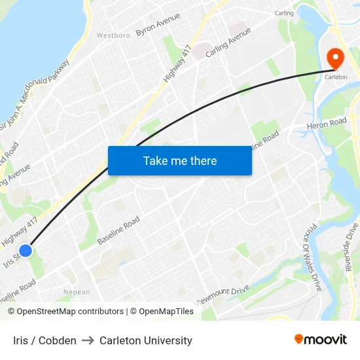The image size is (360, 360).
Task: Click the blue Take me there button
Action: [x=179, y=160]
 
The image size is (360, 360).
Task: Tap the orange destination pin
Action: [x=335, y=59]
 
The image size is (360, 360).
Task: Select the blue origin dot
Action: [x=26, y=251]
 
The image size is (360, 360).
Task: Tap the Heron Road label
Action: [x=327, y=123]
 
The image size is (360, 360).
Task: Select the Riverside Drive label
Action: [x=351, y=247]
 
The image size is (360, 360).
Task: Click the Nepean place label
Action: [x=77, y=292]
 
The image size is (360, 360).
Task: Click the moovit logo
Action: [x=321, y=340]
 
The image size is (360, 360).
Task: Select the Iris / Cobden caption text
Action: [x=45, y=340]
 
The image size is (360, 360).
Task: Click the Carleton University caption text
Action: [x=146, y=340]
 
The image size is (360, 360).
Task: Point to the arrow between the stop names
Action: [x=88, y=340]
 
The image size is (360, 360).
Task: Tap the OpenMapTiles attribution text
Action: [x=166, y=312]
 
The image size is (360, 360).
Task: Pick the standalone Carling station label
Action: [x=284, y=13]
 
